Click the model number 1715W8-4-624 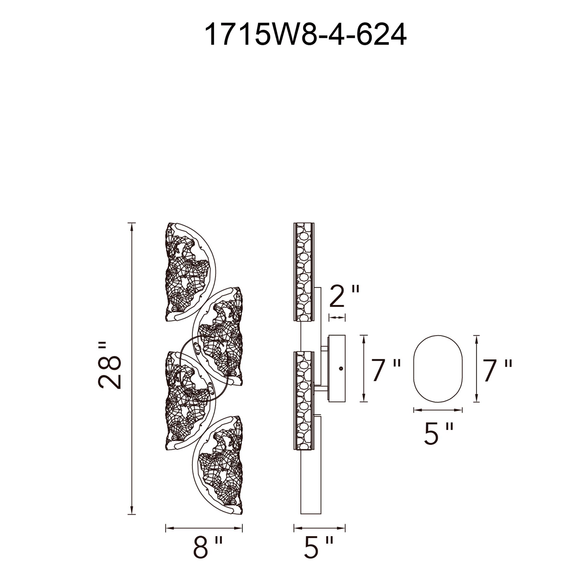[305, 35]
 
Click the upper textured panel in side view [303, 272]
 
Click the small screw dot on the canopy [341, 369]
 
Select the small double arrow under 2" [337, 318]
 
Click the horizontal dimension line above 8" [204, 528]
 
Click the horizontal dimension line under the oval [438, 410]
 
